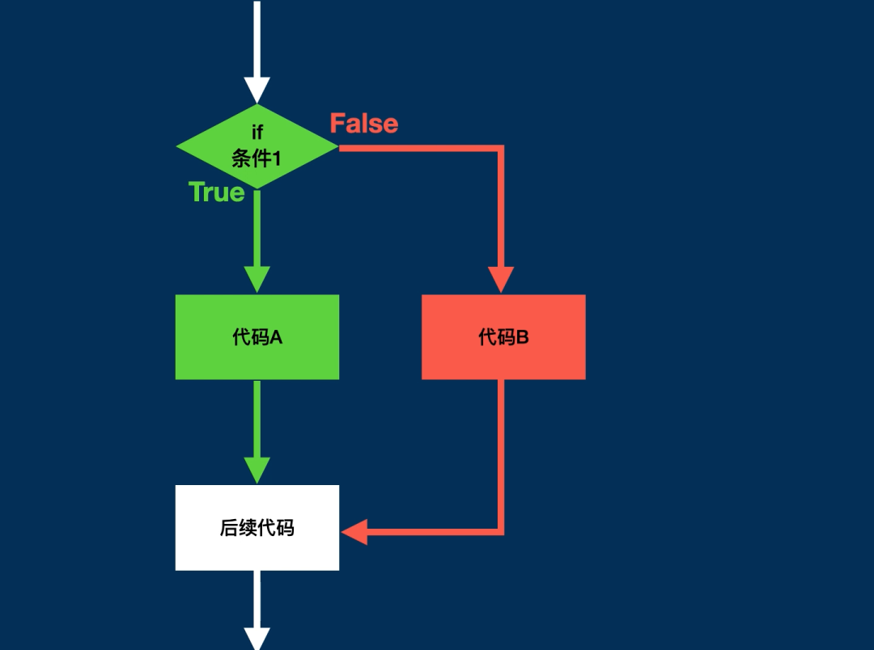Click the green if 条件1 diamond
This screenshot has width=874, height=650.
[x=257, y=146]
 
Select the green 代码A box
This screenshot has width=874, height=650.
[x=257, y=337]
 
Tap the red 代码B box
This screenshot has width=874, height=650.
[x=503, y=337]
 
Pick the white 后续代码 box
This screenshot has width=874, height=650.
[x=257, y=527]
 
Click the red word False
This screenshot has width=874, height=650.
[x=364, y=124]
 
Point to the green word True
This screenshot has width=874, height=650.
[x=217, y=192]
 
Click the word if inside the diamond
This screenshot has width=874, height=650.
[x=257, y=133]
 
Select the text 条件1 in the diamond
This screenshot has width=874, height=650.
[x=257, y=158]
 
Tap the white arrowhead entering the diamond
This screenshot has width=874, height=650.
[x=257, y=91]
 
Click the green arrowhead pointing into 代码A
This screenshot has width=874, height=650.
[x=257, y=280]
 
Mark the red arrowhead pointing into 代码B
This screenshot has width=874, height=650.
[x=501, y=280]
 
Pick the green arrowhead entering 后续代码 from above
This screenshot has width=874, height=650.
[x=257, y=471]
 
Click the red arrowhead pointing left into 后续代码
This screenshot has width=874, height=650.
[x=354, y=532]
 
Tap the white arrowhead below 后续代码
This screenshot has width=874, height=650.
[x=257, y=639]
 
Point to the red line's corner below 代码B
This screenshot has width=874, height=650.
[x=501, y=532]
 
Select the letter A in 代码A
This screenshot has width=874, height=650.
[x=277, y=337]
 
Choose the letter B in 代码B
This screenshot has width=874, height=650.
[x=522, y=337]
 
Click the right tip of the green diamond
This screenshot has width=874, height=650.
[x=338, y=146]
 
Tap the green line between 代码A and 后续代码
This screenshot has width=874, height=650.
[x=257, y=419]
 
